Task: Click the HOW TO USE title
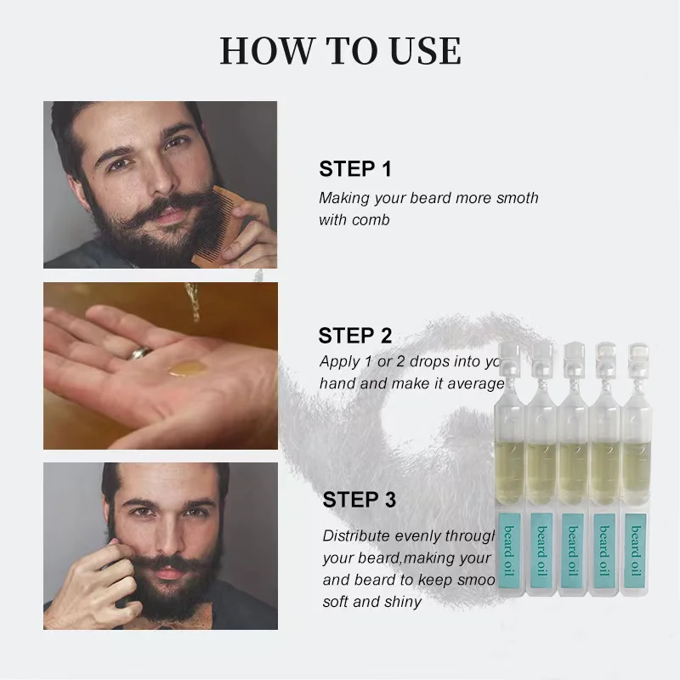coord(340,51)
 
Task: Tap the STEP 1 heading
coord(355,169)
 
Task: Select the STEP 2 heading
coord(355,335)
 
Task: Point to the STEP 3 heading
coord(359,500)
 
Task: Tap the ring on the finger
coord(141,351)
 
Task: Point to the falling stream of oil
coord(194,302)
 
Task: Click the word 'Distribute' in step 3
coord(356,536)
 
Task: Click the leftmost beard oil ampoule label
coord(508,548)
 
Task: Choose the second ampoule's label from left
coord(541,548)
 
